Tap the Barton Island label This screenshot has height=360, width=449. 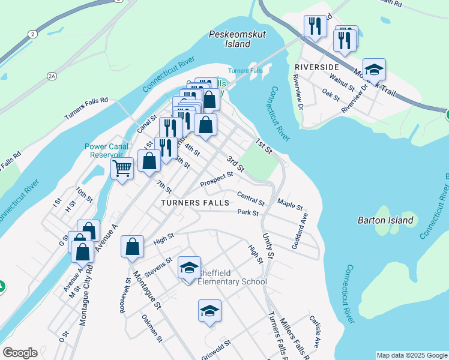[385, 220]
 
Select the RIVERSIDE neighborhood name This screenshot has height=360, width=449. [316, 67]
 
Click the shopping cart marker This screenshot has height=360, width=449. [122, 169]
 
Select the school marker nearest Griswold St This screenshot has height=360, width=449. [209, 311]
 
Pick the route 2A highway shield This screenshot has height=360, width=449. [52, 76]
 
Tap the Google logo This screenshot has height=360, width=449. [20, 353]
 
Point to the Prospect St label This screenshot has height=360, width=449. [216, 178]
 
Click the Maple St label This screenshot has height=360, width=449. [291, 206]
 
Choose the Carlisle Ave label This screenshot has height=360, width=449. [315, 331]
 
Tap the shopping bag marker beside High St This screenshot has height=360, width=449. [133, 247]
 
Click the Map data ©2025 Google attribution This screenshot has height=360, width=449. [411, 355]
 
